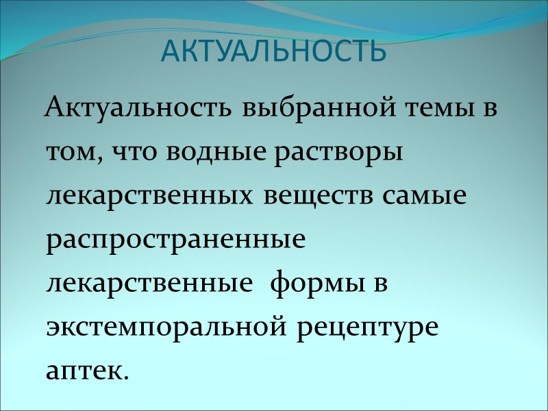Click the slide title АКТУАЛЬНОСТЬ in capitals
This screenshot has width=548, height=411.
pyautogui.click(x=273, y=51)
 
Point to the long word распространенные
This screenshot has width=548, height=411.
pyautogui.click(x=175, y=240)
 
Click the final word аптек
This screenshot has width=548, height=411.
pyautogui.click(x=84, y=370)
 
